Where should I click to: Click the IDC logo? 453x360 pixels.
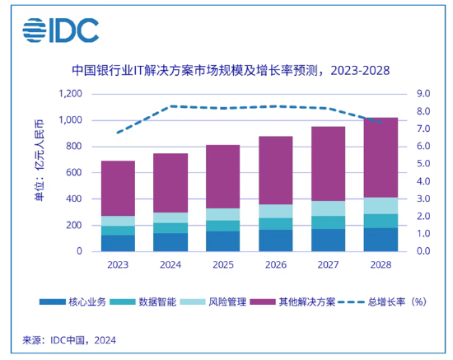coord(61,30)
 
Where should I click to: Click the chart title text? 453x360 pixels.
coord(231,71)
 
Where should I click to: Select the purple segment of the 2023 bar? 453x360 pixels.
coord(118,189)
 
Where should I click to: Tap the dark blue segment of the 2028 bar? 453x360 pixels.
coord(381,240)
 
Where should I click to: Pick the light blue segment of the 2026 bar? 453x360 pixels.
coord(276,211)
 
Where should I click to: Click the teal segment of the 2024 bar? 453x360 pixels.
coord(170,228)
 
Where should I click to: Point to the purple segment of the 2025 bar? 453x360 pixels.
coord(222,176)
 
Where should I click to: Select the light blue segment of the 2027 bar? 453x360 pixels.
coord(328,208)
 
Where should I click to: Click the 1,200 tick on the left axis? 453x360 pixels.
coord(71,94)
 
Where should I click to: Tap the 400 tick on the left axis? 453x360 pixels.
coord(73,199)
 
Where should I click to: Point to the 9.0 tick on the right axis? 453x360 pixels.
coord(423,94)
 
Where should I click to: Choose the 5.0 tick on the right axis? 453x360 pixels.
coord(423,164)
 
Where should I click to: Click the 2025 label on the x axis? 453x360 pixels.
coord(223,264)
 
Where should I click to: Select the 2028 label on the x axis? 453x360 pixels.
coord(381,264)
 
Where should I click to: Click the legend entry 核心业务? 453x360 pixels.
coord(72,302)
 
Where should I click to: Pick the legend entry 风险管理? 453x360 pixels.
coord(213,302)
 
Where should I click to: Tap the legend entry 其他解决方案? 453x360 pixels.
coord(292,302)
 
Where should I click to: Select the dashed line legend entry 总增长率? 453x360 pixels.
coord(382,302)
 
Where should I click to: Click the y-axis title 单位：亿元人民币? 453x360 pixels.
coord(39,161)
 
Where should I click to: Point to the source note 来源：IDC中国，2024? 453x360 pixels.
coord(69,340)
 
